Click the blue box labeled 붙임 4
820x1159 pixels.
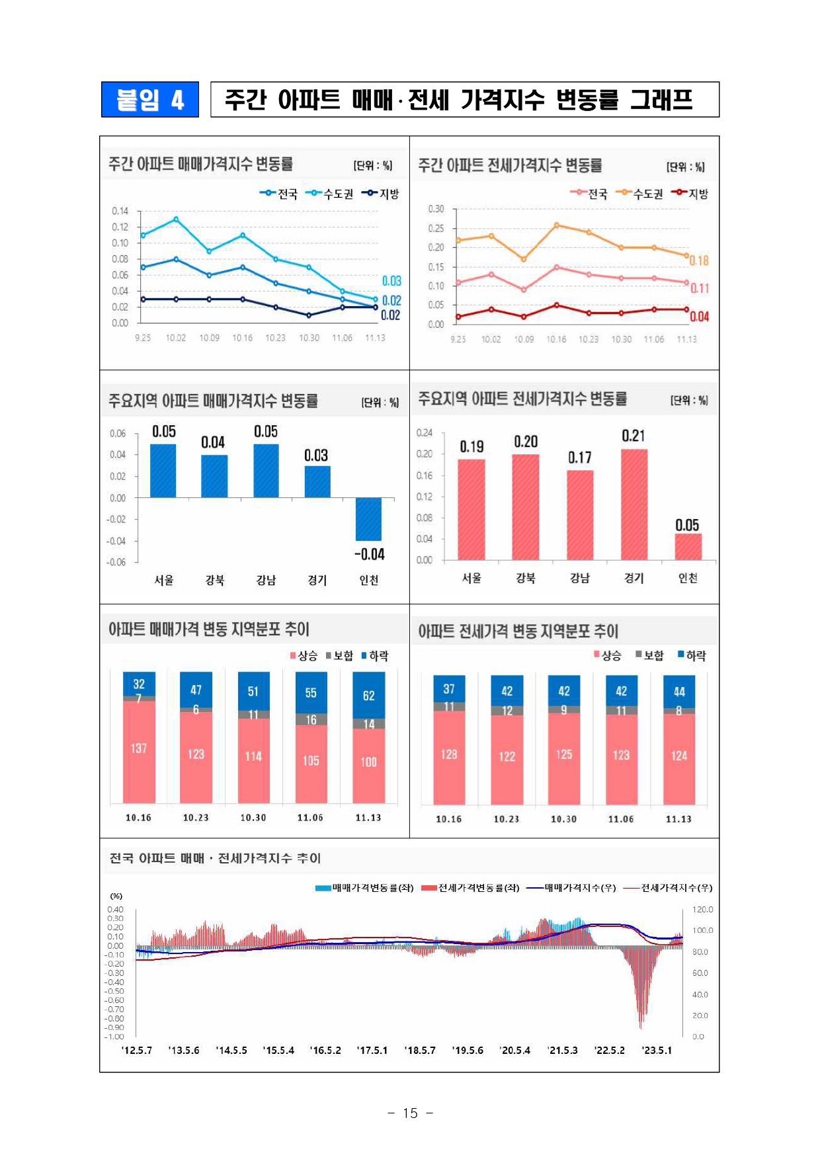150,100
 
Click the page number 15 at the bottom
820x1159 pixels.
410,1113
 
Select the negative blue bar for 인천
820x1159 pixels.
368,519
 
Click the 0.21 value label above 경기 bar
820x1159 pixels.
633,436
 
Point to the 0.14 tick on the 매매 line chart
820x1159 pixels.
120,211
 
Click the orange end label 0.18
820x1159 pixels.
699,260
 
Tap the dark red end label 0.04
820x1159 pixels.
699,317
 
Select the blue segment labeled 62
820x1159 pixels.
368,696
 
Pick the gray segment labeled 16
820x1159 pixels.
311,719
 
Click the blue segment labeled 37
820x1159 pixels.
449,689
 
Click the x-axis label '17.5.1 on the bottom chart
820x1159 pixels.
372,1050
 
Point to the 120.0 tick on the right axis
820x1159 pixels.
702,909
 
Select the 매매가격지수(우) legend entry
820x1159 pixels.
572,888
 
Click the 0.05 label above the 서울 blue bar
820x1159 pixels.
164,432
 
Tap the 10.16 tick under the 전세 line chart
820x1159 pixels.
556,339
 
